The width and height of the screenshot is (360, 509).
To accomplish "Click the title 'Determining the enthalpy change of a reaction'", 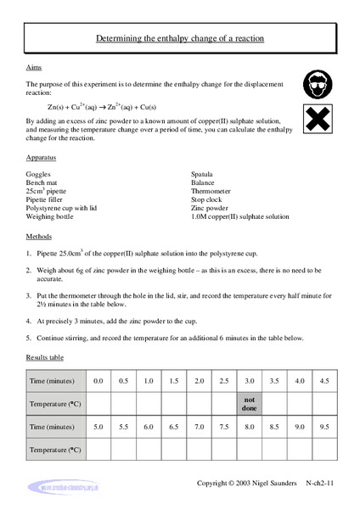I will click(179, 38).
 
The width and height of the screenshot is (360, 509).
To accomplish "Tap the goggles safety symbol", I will click(317, 83).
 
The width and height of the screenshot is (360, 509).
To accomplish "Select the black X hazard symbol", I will click(317, 120).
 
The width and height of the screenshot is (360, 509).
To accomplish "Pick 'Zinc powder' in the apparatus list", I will click(211, 209).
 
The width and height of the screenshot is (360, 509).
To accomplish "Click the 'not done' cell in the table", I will click(250, 402).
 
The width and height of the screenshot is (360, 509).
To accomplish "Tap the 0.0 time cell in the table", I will click(98, 380).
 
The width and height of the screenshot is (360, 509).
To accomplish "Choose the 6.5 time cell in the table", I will click(174, 424).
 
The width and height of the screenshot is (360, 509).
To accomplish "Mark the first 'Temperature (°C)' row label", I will click(53, 402).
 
